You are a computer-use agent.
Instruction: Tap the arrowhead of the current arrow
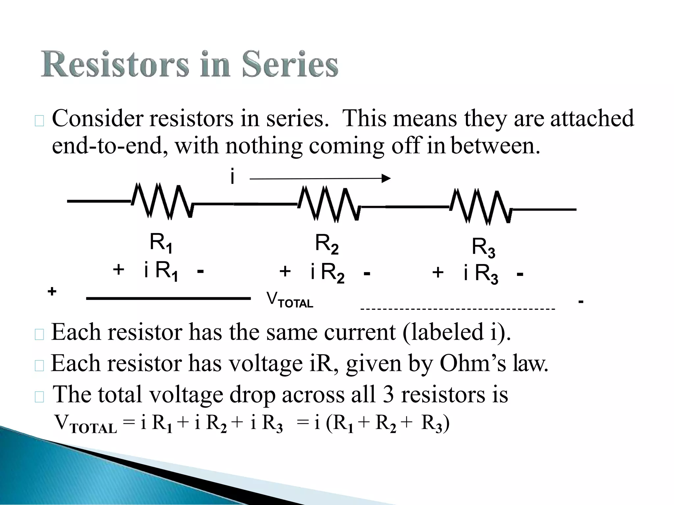[386, 179]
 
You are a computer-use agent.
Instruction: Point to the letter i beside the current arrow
[232, 177]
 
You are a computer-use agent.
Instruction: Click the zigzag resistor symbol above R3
[481, 206]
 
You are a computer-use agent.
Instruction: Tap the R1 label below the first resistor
[161, 243]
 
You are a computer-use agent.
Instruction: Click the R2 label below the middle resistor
[326, 244]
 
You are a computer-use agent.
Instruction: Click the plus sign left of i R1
[118, 270]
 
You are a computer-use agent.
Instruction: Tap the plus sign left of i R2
[285, 272]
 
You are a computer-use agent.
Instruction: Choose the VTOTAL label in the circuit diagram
[290, 300]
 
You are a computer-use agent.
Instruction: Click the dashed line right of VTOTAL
[457, 309]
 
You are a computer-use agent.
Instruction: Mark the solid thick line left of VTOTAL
[168, 299]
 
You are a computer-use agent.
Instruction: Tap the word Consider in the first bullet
[98, 118]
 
